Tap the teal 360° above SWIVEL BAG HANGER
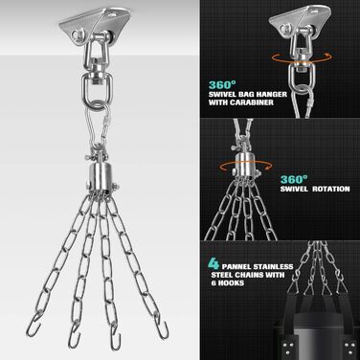click(x=222, y=85)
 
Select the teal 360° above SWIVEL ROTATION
click(x=294, y=179)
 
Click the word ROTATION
click(x=331, y=189)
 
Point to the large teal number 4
click(x=214, y=263)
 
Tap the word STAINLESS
click(x=275, y=266)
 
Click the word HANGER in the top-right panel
click(x=270, y=95)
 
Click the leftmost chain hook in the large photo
click(x=34, y=325)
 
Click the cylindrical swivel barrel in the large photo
click(x=101, y=177)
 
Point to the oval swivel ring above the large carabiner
click(x=96, y=88)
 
